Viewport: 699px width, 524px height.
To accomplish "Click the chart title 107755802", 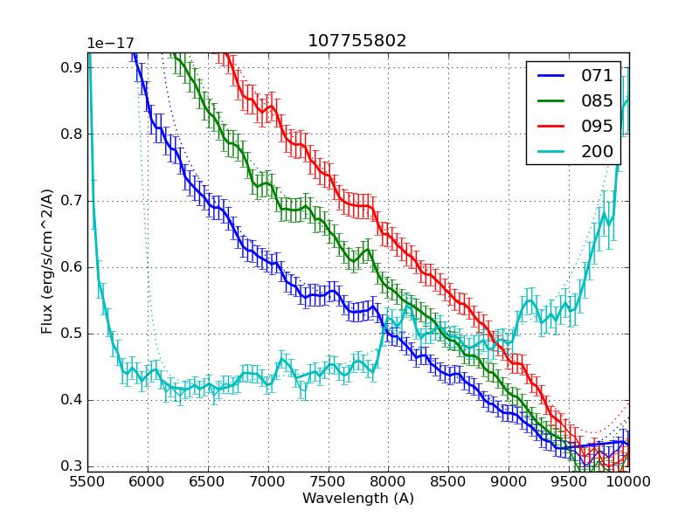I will coord(356,41).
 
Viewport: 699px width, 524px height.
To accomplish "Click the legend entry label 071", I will coord(598,76).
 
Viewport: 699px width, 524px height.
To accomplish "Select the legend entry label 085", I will coord(598,101).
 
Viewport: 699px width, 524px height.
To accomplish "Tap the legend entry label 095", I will coord(598,126).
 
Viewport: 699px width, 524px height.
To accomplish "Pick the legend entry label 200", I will coord(598,151).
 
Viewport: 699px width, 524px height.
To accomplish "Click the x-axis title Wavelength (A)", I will coord(358,499).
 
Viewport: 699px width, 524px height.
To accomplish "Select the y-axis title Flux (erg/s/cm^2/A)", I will coord(47,262).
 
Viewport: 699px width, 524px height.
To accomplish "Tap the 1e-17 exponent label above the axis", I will coord(110,44).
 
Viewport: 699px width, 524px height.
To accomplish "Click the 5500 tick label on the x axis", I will coord(87,482).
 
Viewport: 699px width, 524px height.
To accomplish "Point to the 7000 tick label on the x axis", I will coord(268,482).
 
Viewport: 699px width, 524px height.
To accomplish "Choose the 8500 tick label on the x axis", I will coord(448,482).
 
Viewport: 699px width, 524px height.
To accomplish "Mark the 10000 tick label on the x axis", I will coord(629,482).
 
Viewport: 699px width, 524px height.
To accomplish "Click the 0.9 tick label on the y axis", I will coord(72,67).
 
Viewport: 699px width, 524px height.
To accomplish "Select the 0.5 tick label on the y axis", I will coord(72,334).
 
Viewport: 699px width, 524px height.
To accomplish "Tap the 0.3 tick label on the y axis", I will coord(72,466).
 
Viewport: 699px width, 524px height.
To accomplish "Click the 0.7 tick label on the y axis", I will coord(72,201).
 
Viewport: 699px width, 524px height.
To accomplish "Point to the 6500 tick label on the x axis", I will coord(208,482).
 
